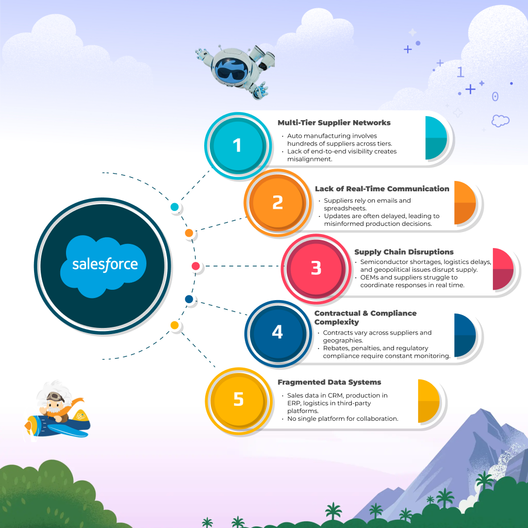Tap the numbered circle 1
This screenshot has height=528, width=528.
tap(237, 145)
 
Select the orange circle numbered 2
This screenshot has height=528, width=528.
tap(277, 202)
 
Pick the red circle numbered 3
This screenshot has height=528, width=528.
tap(316, 268)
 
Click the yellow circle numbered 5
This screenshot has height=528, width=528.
tap(238, 399)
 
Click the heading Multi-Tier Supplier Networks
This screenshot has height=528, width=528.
tap(334, 123)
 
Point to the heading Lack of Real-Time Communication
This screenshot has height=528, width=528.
tap(382, 189)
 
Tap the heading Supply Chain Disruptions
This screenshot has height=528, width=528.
tap(404, 252)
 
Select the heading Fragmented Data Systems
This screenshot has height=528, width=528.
tap(329, 382)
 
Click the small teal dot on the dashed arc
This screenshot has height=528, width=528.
tap(174, 207)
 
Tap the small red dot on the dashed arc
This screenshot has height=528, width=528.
tap(195, 267)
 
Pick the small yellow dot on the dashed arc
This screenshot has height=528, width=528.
tap(174, 325)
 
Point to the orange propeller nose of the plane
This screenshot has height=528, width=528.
tap(30, 426)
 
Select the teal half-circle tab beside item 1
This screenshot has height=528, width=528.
tap(436, 138)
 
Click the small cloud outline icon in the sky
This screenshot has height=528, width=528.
tap(500, 121)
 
